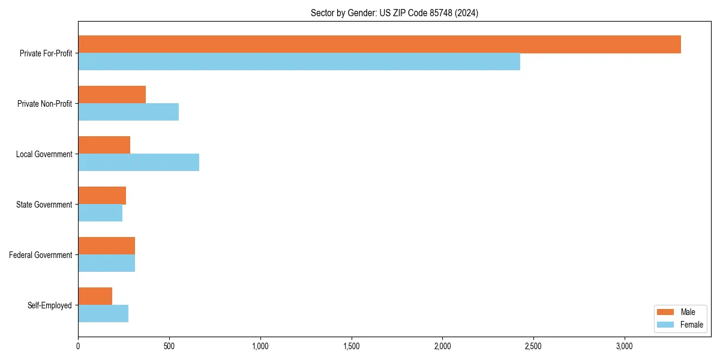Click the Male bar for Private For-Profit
click(x=379, y=44)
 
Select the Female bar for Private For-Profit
click(x=299, y=62)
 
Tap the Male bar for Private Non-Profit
click(x=112, y=95)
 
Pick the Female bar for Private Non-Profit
click(x=128, y=112)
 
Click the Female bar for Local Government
click(x=139, y=163)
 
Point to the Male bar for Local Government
click(x=104, y=145)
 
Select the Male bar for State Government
click(x=102, y=196)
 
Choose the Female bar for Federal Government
click(x=106, y=263)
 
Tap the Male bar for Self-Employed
click(x=95, y=296)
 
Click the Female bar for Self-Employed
click(x=103, y=314)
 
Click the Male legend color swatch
click(x=666, y=312)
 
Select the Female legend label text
click(x=692, y=325)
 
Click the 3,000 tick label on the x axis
click(x=625, y=346)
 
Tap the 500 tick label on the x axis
click(x=169, y=346)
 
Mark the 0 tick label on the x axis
click(x=78, y=346)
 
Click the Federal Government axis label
click(x=40, y=255)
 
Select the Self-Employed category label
click(x=49, y=305)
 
